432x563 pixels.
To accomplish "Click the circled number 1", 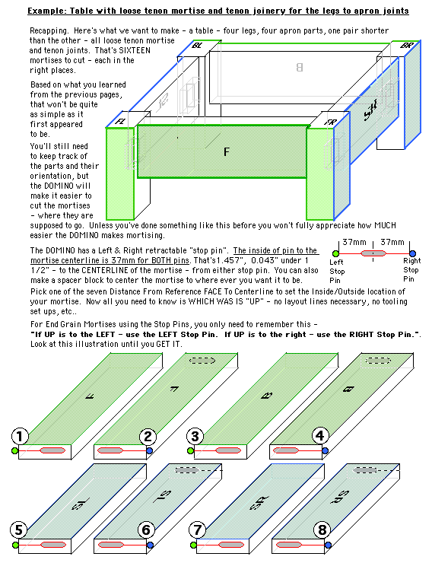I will [21, 436].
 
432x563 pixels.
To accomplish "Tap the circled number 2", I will [148, 436].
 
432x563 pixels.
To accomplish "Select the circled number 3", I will [195, 436].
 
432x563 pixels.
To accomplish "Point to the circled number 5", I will [21, 530].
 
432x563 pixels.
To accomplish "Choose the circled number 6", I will [148, 530].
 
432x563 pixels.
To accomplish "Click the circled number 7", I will [195, 530].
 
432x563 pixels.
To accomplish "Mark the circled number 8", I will [322, 530].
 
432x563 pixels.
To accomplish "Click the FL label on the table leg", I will [120, 120].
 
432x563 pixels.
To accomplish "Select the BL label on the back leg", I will [198, 46].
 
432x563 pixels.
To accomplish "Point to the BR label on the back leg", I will [408, 46].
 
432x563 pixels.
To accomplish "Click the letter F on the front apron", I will [226, 153].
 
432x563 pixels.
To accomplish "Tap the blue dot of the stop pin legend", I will [411, 253].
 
